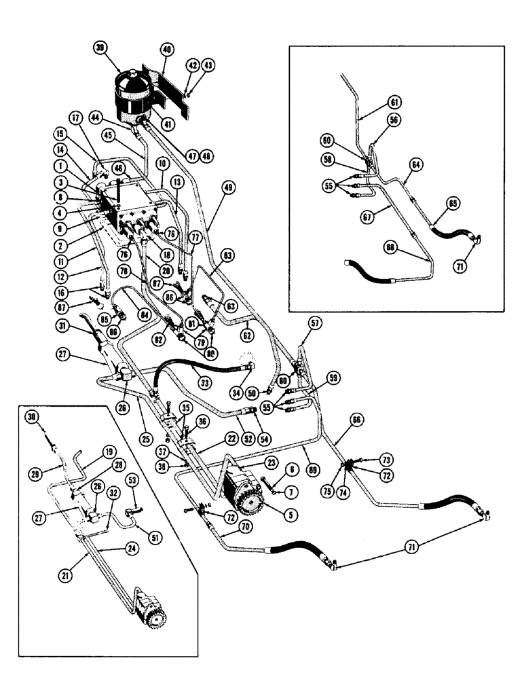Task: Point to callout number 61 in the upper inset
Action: click(395, 102)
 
